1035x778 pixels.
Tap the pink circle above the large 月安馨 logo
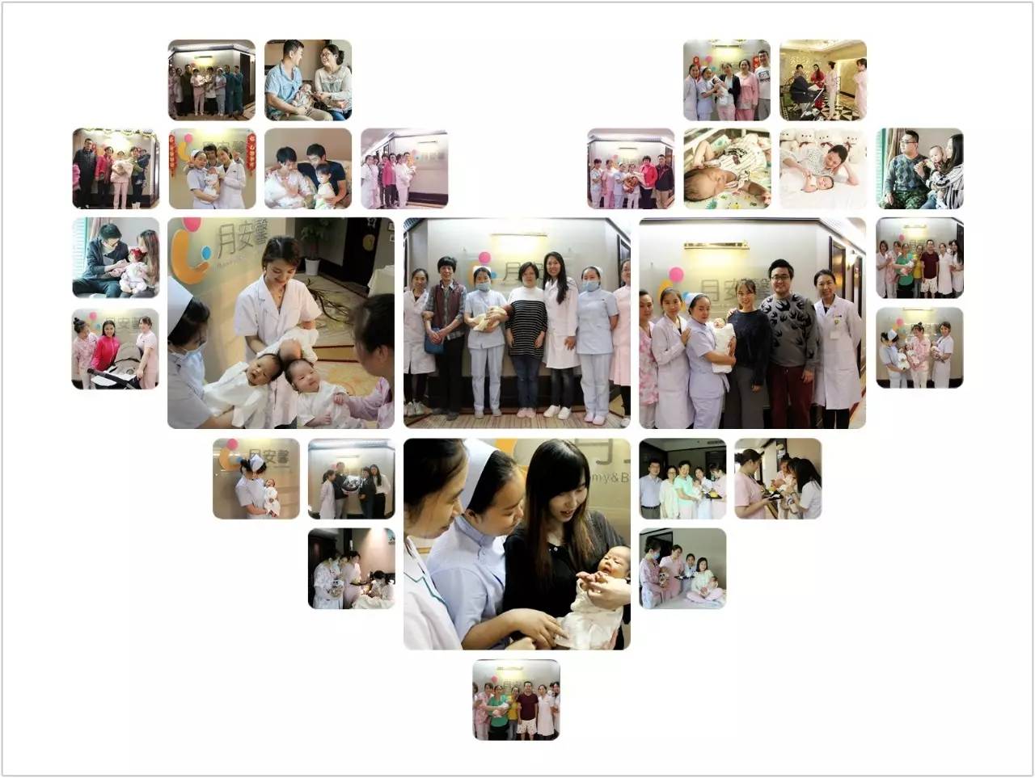(x=191, y=225)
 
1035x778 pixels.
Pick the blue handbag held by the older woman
(x=434, y=343)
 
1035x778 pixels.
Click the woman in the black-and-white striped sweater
(x=528, y=331)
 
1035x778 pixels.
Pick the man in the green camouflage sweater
(x=905, y=174)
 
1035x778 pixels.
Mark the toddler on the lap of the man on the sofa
(x=323, y=185)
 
